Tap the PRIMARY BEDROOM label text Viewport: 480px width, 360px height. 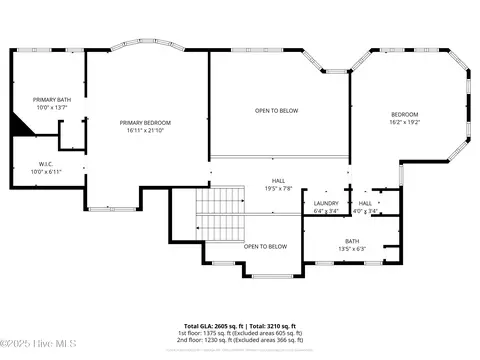145,122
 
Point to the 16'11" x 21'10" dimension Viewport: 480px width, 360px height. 145,131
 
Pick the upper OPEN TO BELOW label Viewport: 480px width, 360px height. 276,110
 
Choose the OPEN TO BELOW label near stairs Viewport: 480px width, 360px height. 266,246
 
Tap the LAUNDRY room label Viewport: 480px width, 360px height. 326,203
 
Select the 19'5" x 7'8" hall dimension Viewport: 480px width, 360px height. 278,189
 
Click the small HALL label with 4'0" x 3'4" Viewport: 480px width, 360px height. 366,203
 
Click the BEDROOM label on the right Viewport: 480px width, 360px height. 404,114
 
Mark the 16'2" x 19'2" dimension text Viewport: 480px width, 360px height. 404,122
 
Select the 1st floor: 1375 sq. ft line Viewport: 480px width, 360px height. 240,332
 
